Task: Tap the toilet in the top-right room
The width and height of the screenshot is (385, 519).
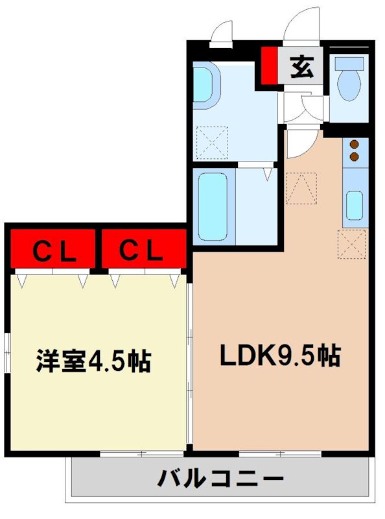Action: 351,80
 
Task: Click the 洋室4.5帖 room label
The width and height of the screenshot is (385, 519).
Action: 93,361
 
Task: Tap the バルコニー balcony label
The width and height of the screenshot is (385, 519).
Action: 221,480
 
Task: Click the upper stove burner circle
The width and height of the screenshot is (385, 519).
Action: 355,145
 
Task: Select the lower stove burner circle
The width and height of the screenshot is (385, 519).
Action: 355,156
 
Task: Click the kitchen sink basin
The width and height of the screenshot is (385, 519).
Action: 353,205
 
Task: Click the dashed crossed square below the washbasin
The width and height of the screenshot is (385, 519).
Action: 213,141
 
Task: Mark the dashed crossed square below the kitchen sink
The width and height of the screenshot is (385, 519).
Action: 351,245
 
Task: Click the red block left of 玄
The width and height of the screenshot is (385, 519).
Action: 268,66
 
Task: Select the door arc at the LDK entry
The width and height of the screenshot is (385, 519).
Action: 302,144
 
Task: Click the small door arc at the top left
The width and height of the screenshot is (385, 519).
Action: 222,32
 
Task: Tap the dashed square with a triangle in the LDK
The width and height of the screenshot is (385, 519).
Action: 301,189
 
